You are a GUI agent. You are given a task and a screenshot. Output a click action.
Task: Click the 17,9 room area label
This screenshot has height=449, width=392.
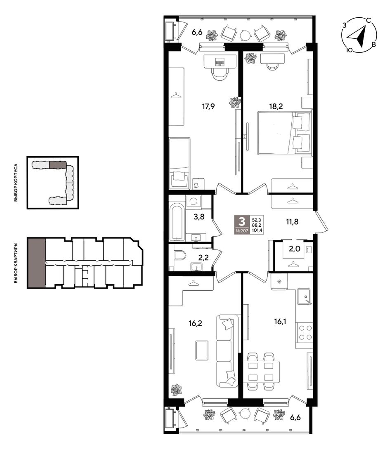(208, 107)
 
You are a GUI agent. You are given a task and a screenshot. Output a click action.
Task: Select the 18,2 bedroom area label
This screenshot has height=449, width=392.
(276, 106)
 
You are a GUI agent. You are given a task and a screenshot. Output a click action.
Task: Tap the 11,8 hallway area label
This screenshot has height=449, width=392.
(292, 222)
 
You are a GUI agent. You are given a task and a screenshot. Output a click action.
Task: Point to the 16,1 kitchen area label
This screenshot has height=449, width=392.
(280, 322)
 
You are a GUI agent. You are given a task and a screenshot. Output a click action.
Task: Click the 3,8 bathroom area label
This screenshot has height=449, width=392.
(199, 217)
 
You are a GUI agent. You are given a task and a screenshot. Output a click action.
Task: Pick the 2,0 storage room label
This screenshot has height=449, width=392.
(294, 249)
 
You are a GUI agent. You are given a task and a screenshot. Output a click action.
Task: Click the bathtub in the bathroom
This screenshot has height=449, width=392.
(177, 221)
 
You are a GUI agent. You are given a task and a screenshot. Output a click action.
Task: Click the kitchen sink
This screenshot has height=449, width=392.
(304, 296)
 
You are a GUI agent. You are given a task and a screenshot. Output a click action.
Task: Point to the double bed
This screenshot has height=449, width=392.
(284, 133)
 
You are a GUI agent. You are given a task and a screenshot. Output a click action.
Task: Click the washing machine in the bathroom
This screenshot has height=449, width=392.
(194, 202)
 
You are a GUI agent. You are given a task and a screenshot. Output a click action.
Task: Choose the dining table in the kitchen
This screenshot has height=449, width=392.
(261, 371)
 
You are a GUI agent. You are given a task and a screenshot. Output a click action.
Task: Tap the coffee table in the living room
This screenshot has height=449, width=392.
(202, 350)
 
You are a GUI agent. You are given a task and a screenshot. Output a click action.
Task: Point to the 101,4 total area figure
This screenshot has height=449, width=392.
(257, 230)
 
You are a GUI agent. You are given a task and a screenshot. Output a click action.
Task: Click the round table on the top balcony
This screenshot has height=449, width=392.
(245, 35)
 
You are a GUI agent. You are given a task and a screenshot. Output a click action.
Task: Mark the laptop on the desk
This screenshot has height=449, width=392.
(220, 61)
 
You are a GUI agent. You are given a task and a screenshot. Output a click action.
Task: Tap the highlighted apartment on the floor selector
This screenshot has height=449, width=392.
(36, 262)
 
